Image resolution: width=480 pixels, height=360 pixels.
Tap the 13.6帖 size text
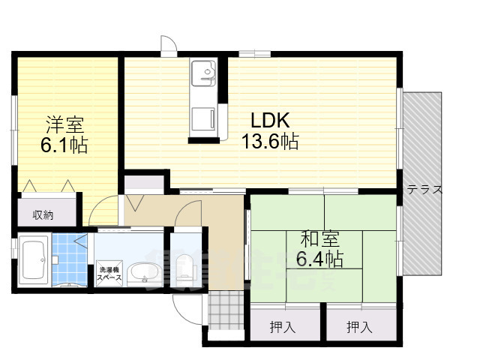(269, 141)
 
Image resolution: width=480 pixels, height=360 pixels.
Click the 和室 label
(320, 240)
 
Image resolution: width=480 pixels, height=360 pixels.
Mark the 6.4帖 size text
(320, 259)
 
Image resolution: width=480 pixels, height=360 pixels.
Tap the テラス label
(424, 190)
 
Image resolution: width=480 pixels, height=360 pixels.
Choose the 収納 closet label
(43, 215)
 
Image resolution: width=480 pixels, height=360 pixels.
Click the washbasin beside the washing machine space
(140, 272)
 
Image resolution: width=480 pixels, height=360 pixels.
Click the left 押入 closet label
(283, 326)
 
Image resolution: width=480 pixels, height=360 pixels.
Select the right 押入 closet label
(358, 326)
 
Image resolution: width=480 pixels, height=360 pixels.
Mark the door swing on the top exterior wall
(168, 46)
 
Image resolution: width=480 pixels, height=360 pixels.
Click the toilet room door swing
(188, 217)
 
